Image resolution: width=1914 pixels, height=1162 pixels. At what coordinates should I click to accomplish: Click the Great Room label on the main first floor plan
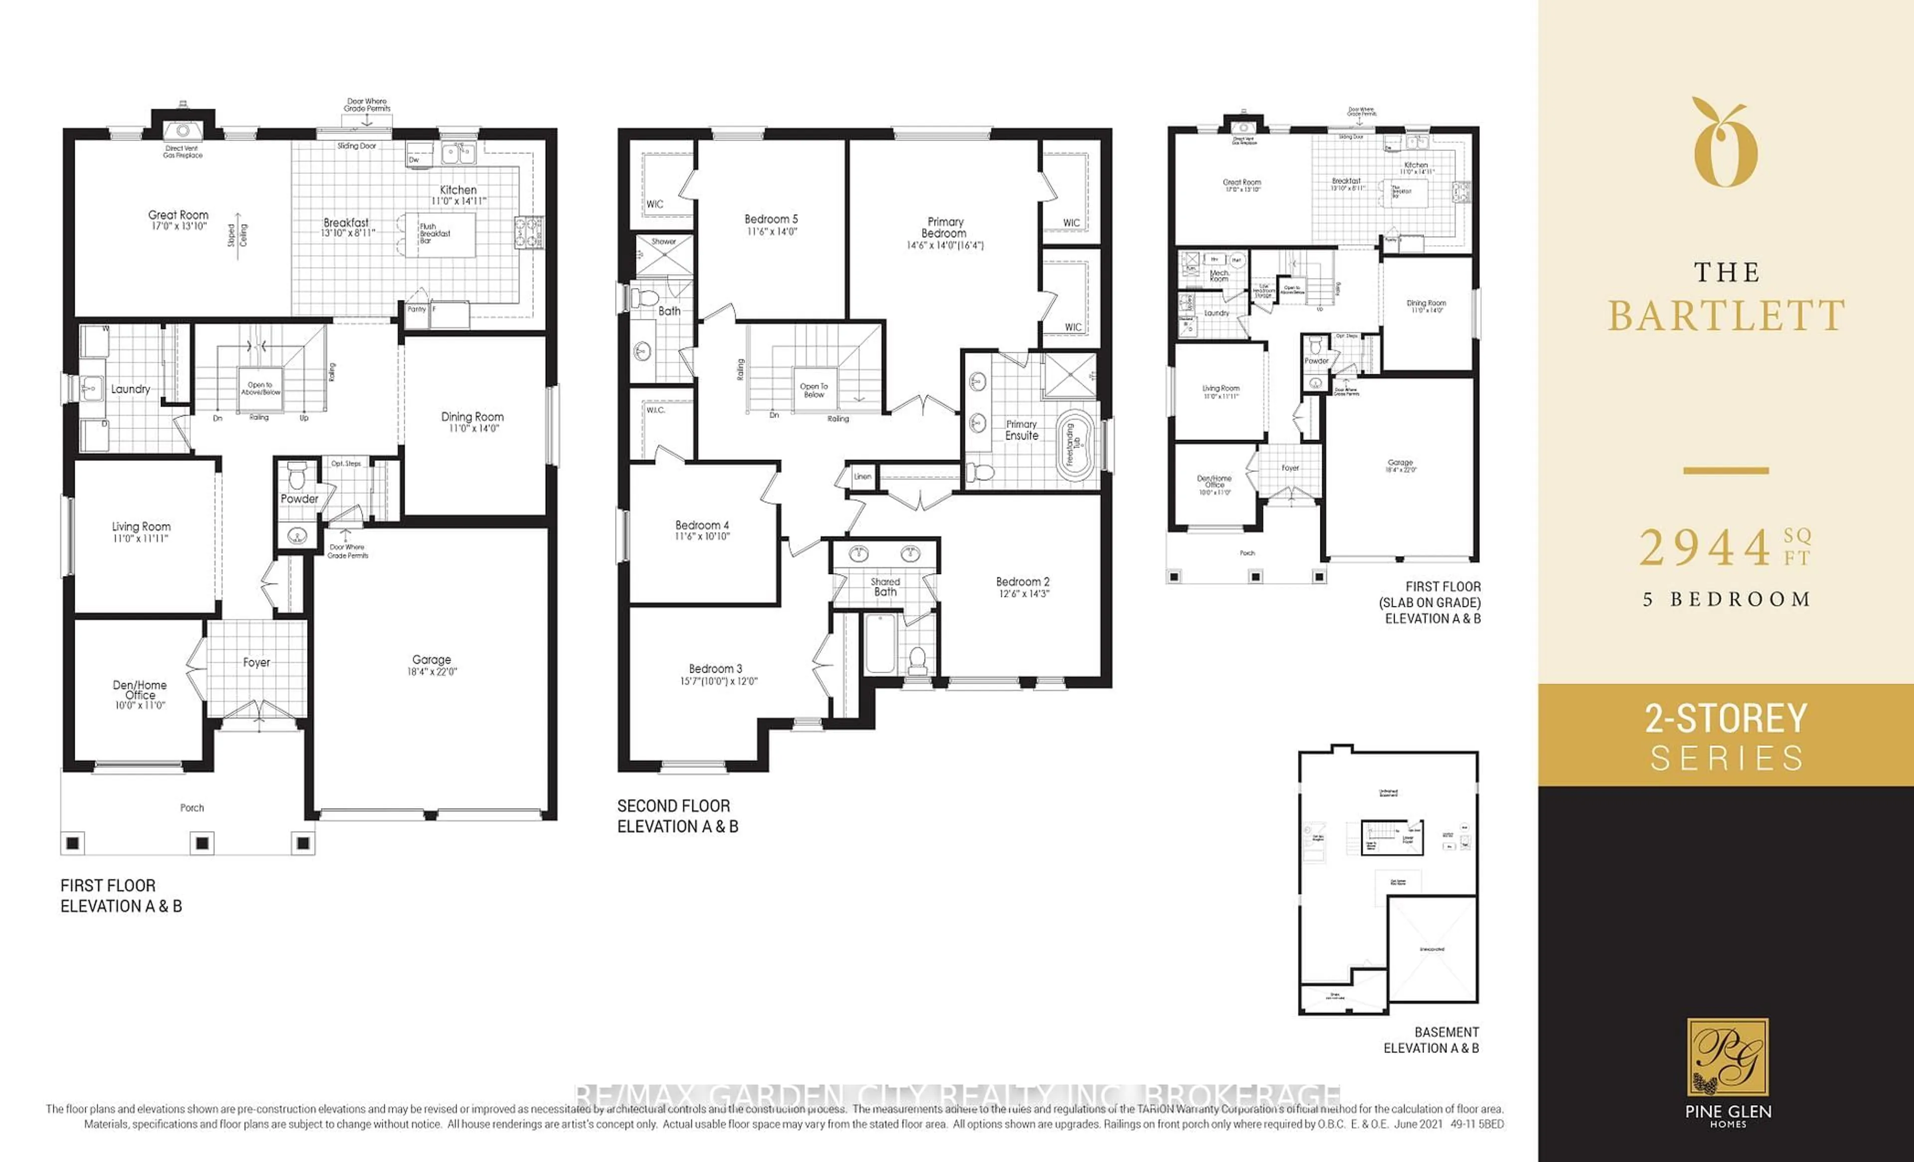click(178, 215)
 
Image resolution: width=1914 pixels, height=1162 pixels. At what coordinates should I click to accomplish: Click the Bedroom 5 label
click(771, 220)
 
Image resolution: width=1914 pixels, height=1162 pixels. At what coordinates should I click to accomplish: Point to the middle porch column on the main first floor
click(202, 843)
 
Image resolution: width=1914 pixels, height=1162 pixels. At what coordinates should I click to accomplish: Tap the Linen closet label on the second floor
click(862, 477)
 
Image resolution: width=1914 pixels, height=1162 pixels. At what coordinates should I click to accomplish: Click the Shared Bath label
click(885, 586)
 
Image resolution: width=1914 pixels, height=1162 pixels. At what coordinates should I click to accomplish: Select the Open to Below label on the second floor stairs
click(813, 390)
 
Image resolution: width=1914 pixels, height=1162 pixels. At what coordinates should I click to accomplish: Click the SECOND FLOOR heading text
click(673, 806)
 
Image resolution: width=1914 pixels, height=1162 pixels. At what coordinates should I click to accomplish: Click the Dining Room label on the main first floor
click(473, 417)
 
